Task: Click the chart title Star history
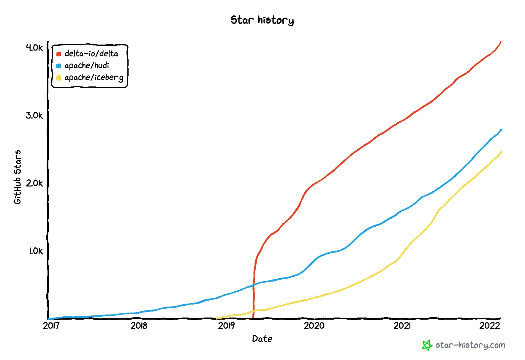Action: [x=262, y=20]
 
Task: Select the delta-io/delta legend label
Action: [x=91, y=53]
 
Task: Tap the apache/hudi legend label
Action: [x=87, y=66]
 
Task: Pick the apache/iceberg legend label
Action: [x=94, y=78]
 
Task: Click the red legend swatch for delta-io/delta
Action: [x=59, y=54]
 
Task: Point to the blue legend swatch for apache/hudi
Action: [x=59, y=66]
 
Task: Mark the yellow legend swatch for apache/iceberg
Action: [x=59, y=78]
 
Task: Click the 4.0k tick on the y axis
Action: [x=34, y=48]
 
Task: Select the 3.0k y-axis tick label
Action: [x=34, y=115]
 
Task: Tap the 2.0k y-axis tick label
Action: [x=34, y=183]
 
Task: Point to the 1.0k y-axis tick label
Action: [x=36, y=251]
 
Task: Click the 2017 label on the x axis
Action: [x=51, y=326]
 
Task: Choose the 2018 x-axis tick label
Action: [x=139, y=326]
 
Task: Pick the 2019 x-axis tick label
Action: [x=227, y=326]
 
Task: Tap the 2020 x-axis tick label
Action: [x=314, y=326]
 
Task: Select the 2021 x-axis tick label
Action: [x=402, y=326]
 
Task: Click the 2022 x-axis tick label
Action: [x=490, y=326]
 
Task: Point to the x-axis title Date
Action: [x=262, y=339]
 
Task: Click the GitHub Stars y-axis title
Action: [x=18, y=177]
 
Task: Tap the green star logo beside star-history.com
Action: [x=427, y=345]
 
